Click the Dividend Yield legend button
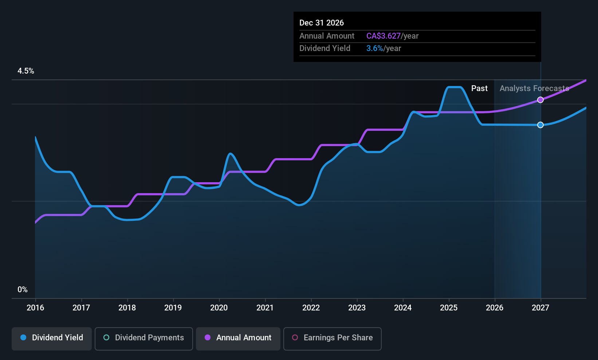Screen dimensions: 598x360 pyautogui.click(x=51, y=339)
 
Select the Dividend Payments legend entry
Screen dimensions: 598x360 pyautogui.click(x=143, y=339)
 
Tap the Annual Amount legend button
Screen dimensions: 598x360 pyautogui.click(x=238, y=339)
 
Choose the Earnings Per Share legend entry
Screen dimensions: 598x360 pyautogui.click(x=333, y=339)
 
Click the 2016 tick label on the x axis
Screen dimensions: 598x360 pyautogui.click(x=35, y=308)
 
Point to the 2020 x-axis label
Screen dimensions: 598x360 pyautogui.click(x=219, y=308)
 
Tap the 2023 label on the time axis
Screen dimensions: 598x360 pyautogui.click(x=357, y=308)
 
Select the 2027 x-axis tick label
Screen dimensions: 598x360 pyautogui.click(x=540, y=308)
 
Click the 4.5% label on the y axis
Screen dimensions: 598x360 pyautogui.click(x=26, y=71)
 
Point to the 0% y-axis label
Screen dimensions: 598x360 pyautogui.click(x=23, y=290)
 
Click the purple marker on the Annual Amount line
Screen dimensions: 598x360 pyautogui.click(x=540, y=100)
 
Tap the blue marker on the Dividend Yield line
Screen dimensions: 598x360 pyautogui.click(x=540, y=125)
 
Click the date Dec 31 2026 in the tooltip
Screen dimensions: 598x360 pyautogui.click(x=322, y=23)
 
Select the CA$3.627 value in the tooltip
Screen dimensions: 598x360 pyautogui.click(x=383, y=36)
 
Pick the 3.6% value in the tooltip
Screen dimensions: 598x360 pyautogui.click(x=375, y=48)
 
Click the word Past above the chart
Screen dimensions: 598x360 pyautogui.click(x=480, y=89)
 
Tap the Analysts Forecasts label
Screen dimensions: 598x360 pyautogui.click(x=535, y=89)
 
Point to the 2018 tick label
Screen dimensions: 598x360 pyautogui.click(x=127, y=308)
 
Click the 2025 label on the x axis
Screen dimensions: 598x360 pyautogui.click(x=449, y=308)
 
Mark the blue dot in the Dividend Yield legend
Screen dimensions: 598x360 pyautogui.click(x=24, y=337)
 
